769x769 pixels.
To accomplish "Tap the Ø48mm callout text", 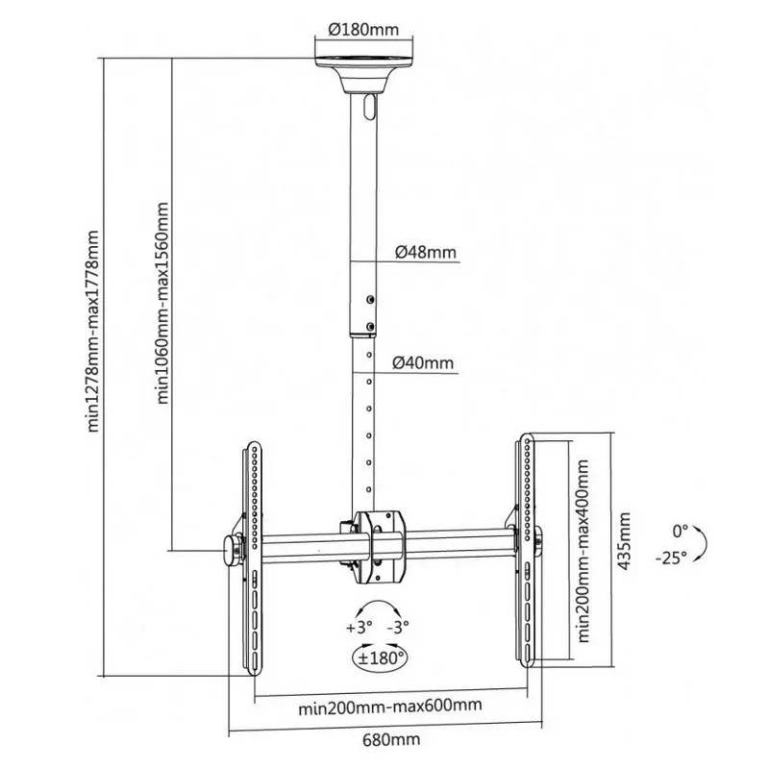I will click(425, 254).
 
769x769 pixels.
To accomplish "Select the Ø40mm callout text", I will click(424, 362).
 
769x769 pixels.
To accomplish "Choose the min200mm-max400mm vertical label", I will click(583, 553).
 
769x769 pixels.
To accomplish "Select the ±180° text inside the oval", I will click(377, 659).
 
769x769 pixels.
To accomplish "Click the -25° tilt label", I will click(673, 558).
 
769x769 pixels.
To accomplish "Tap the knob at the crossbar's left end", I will click(232, 549).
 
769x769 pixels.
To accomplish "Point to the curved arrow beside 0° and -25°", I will click(704, 542).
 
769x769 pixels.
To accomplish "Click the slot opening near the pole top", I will click(370, 107).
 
